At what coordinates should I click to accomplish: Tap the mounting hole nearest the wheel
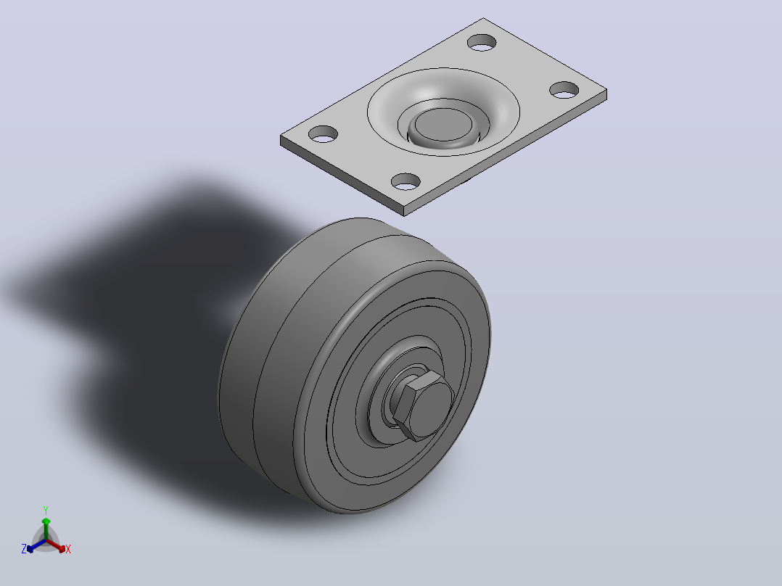click(x=406, y=181)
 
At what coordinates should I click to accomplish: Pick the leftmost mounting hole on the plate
click(x=324, y=134)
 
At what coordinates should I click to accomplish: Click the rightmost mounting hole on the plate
click(x=564, y=90)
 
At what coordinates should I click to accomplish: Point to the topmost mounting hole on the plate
click(x=482, y=42)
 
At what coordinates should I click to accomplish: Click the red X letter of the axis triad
click(x=68, y=549)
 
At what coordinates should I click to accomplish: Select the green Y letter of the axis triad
click(x=46, y=510)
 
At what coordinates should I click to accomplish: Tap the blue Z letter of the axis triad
click(x=24, y=549)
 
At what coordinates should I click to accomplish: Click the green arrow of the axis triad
click(x=46, y=529)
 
